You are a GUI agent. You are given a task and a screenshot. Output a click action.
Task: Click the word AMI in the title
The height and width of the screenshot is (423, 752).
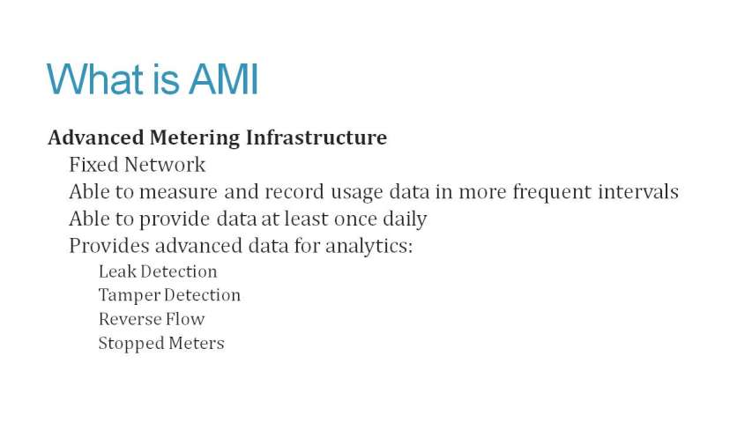[224, 78]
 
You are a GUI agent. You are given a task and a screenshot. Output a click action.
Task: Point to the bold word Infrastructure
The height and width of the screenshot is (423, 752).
[316, 137]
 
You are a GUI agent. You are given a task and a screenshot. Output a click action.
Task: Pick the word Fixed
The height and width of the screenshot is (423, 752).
[93, 165]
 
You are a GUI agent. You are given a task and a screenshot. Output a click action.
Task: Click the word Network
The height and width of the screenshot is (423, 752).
[165, 165]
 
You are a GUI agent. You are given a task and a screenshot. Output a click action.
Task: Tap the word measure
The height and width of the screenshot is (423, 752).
[178, 192]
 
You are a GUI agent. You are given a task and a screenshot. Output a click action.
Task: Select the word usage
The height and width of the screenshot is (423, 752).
[357, 193]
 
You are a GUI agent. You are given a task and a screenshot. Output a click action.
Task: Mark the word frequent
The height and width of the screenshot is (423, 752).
[552, 192]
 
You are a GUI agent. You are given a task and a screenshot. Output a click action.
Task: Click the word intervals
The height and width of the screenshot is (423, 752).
[638, 191]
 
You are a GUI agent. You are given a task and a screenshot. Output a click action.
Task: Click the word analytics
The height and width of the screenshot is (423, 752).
[369, 247]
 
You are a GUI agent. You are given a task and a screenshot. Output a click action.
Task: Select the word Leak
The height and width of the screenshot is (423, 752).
[117, 271]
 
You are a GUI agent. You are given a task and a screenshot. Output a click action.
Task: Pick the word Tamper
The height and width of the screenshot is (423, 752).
[129, 296]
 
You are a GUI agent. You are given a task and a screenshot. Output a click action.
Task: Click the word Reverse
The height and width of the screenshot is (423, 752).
[129, 319]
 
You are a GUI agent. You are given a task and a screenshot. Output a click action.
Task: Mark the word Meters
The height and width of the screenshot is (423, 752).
[196, 344]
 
